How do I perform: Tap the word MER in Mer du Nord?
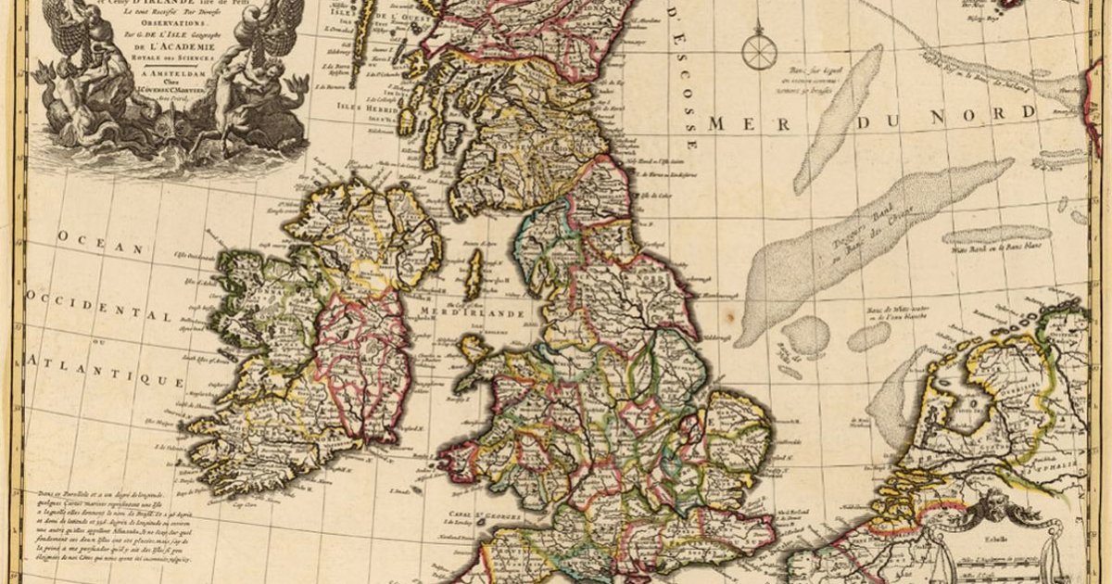click(x=739, y=123)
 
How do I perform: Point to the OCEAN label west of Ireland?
click(x=102, y=241)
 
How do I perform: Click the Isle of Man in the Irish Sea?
click(x=474, y=274)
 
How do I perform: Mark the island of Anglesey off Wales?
click(x=474, y=349)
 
